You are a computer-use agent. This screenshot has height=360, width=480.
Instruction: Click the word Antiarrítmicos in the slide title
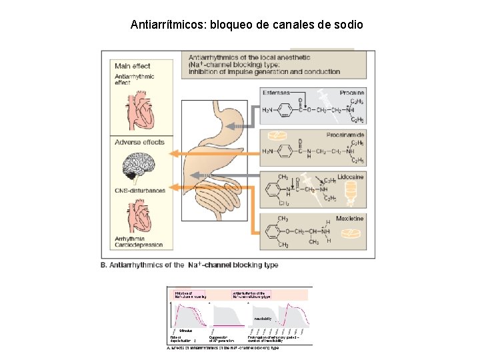point(168,25)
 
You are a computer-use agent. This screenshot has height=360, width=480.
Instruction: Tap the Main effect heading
point(132,65)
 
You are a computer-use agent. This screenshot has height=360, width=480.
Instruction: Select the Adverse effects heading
point(139,142)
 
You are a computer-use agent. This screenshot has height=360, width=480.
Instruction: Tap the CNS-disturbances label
point(140,191)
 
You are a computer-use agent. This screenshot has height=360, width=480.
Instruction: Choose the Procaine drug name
point(351,93)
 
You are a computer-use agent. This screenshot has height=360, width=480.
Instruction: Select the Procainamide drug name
point(345,135)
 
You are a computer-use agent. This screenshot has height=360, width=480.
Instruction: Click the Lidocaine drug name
point(350,177)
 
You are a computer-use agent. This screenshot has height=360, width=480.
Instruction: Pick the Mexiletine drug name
point(349,218)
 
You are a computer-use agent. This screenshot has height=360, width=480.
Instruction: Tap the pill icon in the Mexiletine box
point(347,233)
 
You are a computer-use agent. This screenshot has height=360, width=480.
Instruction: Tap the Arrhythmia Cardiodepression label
point(139,241)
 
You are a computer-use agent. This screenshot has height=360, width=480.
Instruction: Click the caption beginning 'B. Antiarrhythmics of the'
point(189,265)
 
